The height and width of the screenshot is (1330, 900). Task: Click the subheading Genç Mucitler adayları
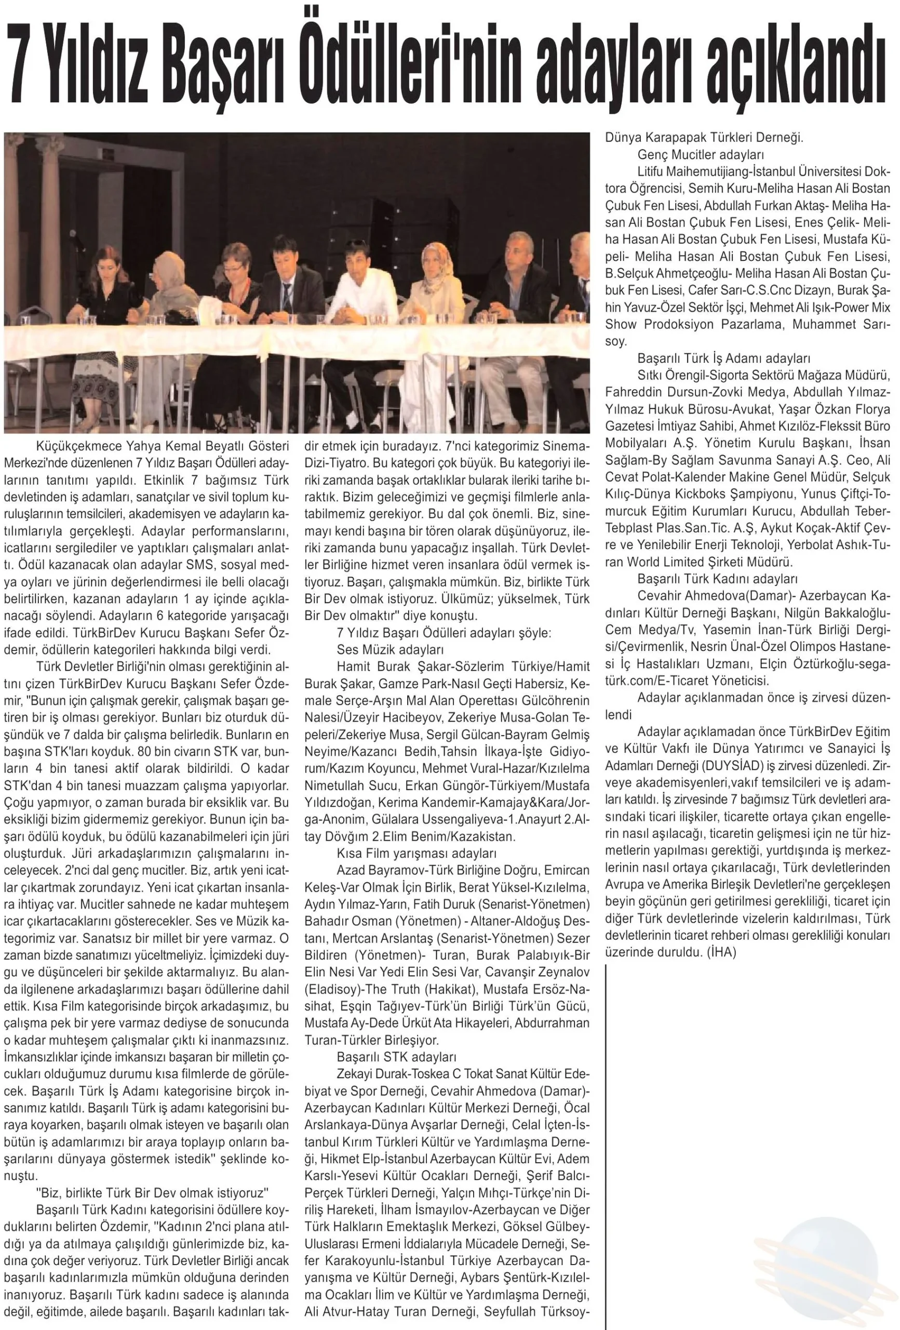click(x=701, y=154)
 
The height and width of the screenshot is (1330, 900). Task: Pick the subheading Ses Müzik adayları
click(x=390, y=650)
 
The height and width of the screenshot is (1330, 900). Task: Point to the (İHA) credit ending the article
click(x=721, y=952)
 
